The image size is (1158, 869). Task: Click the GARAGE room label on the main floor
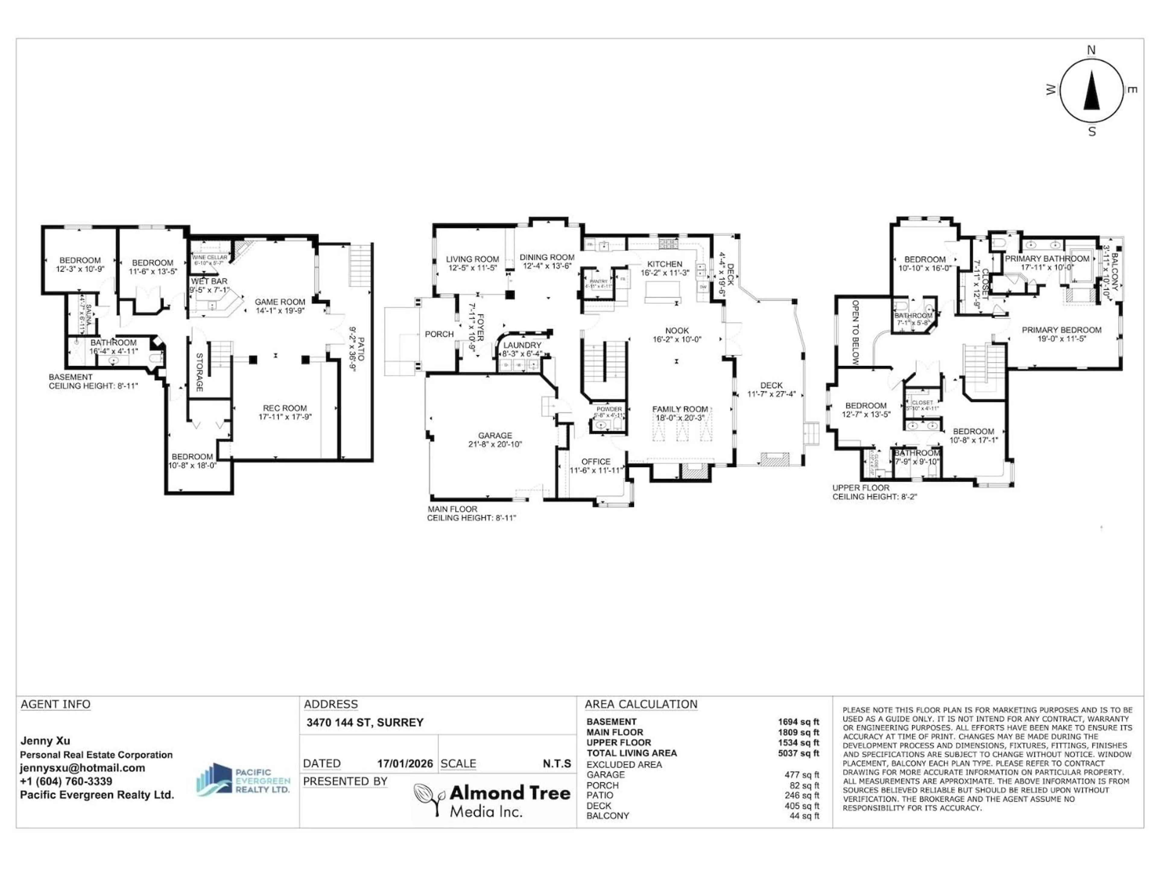tap(495, 435)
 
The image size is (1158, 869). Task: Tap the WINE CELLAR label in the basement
tap(209, 257)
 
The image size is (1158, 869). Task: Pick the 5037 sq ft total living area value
tap(798, 753)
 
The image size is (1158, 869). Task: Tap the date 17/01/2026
tap(405, 764)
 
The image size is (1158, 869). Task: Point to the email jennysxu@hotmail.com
tap(82, 768)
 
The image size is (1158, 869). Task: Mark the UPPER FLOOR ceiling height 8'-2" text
tap(874, 497)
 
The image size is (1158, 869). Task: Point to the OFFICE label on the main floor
tap(596, 461)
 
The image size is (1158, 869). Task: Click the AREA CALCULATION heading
tap(641, 704)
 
